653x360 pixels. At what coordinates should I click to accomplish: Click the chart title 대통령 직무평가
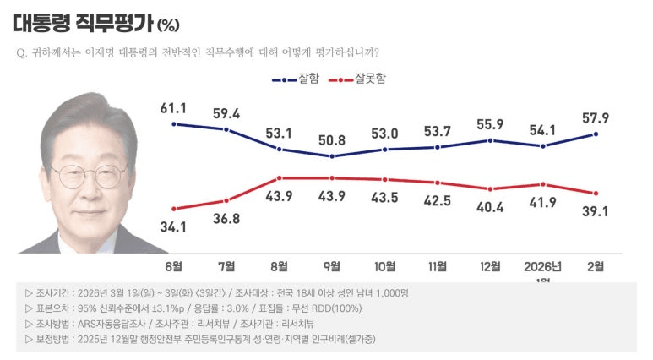83,24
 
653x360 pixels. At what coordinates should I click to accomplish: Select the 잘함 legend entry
296,79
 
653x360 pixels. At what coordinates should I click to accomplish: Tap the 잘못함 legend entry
357,79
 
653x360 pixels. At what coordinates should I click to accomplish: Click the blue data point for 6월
174,124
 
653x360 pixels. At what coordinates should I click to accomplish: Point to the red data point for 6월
174,209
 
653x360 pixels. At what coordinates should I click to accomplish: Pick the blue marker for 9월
332,156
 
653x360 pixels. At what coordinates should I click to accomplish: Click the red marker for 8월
279,178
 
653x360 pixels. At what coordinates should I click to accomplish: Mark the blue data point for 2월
596,134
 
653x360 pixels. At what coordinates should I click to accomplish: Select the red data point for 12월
490,189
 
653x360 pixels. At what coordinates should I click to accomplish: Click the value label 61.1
173,108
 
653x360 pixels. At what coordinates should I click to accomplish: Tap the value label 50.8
332,140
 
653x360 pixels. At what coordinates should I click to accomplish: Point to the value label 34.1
173,227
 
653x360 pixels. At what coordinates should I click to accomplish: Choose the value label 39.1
596,211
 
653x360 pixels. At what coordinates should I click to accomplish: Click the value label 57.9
596,118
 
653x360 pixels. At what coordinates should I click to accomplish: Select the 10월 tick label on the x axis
384,267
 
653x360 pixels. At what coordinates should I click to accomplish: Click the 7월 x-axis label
226,267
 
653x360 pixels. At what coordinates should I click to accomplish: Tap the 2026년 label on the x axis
542,267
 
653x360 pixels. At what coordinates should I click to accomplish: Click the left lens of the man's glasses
70,177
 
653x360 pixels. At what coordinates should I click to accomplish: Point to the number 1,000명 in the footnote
392,293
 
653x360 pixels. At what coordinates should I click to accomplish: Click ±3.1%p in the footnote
170,308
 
